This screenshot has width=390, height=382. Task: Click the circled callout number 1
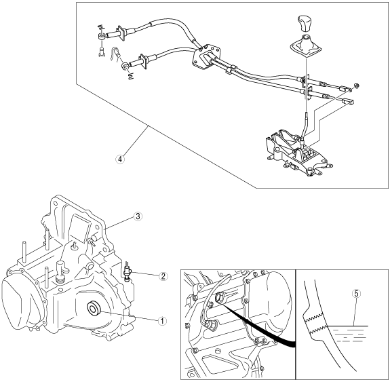tap(162, 321)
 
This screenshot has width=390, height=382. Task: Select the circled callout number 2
tap(163, 276)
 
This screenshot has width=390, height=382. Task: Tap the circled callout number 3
tap(138, 216)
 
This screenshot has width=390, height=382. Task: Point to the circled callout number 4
tap(120, 159)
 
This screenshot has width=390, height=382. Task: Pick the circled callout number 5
tap(356, 294)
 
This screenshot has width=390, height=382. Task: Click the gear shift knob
tap(305, 24)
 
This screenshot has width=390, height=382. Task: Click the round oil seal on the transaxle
tap(94, 309)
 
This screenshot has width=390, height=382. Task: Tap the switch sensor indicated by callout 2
tap(128, 272)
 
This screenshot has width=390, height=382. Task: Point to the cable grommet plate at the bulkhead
tap(206, 56)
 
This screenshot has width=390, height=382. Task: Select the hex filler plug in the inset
tap(220, 297)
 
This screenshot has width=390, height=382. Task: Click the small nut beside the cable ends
tap(356, 86)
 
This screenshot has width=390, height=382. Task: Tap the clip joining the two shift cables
tap(231, 70)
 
